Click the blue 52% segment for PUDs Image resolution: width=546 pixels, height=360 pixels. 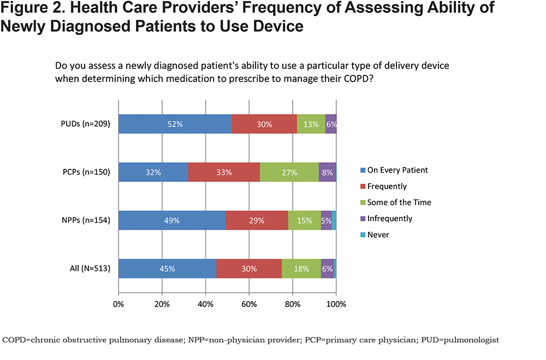click(175, 124)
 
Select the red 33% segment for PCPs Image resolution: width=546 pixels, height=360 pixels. click(224, 172)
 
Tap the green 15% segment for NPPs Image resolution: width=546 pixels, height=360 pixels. click(304, 220)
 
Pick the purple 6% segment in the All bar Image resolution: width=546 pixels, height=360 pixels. click(327, 268)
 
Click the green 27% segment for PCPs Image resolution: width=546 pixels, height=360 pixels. click(289, 172)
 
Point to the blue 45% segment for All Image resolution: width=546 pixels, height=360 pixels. click(168, 268)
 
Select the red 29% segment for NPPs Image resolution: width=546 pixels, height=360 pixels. click(257, 220)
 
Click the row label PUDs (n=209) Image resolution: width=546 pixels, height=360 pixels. click(85, 124)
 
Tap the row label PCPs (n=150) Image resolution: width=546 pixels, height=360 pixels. click(86, 172)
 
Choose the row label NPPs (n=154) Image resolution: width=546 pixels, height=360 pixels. click(86, 220)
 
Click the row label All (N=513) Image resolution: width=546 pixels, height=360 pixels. click(90, 268)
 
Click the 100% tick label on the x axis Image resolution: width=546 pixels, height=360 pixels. click(336, 304)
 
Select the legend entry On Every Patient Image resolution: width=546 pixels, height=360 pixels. click(394, 170)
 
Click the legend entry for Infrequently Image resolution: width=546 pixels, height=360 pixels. click(386, 219)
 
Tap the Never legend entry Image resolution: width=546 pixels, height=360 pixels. click(375, 234)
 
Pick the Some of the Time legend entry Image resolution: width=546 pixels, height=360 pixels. click(395, 203)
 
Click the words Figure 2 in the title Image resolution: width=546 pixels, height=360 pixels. click(32, 8)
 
